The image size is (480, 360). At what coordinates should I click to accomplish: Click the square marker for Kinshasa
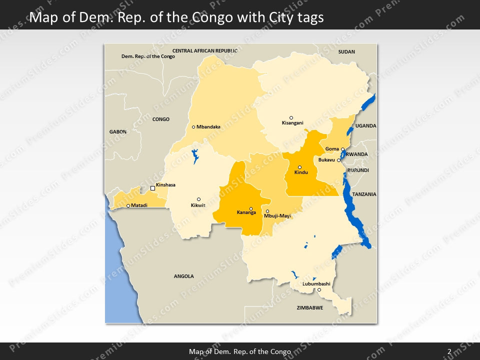pyautogui.click(x=153, y=188)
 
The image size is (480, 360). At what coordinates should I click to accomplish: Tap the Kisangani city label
pyautogui.click(x=292, y=123)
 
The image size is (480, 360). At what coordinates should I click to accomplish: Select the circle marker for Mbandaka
pyautogui.click(x=193, y=127)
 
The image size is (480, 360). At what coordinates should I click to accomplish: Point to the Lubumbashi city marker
pyautogui.click(x=319, y=290)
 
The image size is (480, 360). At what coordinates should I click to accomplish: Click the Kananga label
pyautogui.click(x=246, y=212)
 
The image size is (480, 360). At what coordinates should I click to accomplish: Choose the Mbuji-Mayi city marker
pyautogui.click(x=267, y=211)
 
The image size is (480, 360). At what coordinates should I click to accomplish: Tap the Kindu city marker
pyautogui.click(x=300, y=167)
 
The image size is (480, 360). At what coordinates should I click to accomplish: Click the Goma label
pyautogui.click(x=332, y=149)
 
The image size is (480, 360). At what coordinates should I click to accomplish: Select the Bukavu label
pyautogui.click(x=326, y=160)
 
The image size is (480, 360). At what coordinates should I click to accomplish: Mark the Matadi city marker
pyautogui.click(x=128, y=205)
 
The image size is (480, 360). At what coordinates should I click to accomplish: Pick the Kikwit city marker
pyautogui.click(x=198, y=199)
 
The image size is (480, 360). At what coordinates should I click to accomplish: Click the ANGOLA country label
pyautogui.click(x=183, y=276)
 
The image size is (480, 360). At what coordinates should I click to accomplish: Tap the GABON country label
pyautogui.click(x=118, y=131)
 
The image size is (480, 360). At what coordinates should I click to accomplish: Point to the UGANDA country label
pyautogui.click(x=365, y=126)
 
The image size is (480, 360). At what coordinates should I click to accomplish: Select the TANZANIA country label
pyautogui.click(x=364, y=194)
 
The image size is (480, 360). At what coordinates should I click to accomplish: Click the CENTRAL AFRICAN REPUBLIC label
pyautogui.click(x=205, y=51)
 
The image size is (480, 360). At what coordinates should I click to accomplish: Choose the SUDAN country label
pyautogui.click(x=346, y=51)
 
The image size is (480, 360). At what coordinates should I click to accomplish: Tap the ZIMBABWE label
pyautogui.click(x=309, y=307)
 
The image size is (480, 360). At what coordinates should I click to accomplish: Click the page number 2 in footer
pyautogui.click(x=449, y=351)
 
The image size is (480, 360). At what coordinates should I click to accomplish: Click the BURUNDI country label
pyautogui.click(x=358, y=170)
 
